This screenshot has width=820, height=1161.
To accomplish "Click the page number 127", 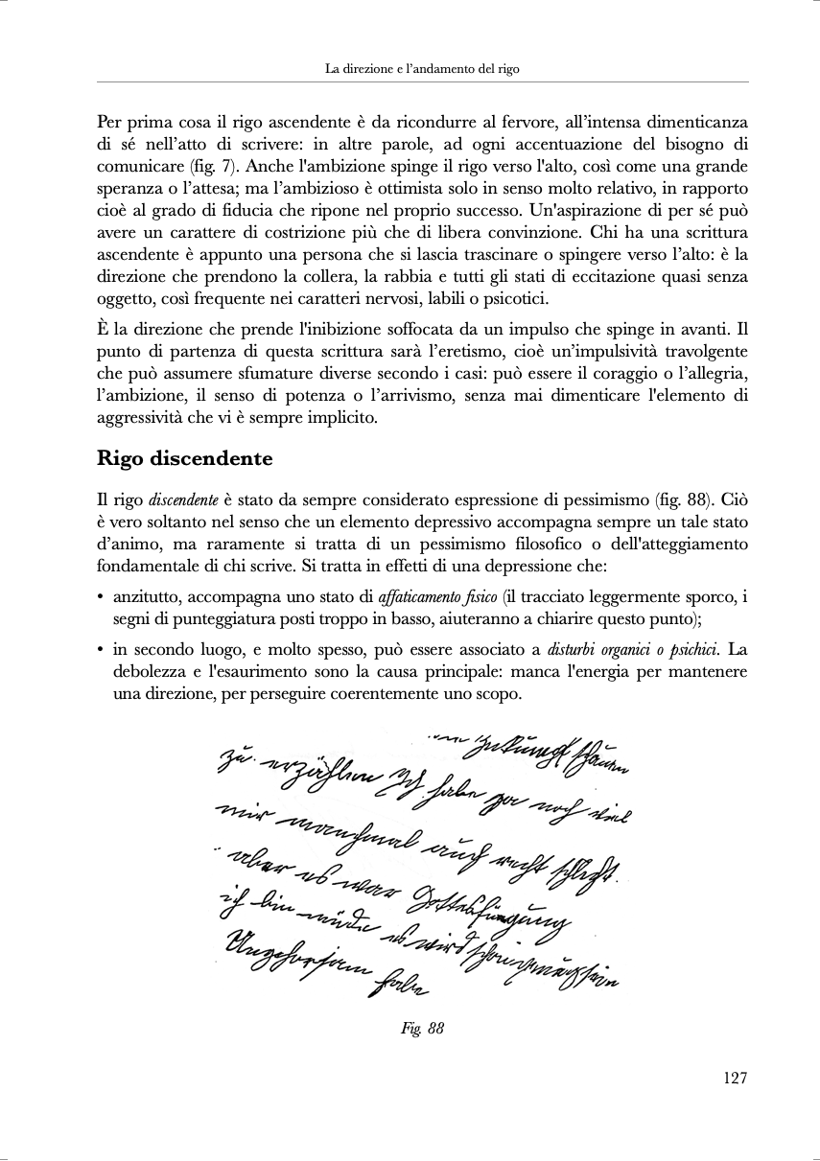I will [x=734, y=1078].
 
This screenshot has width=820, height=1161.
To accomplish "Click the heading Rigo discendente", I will [x=184, y=458].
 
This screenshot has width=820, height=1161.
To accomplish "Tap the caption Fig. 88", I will [x=422, y=1029].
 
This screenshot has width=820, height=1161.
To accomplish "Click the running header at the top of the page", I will [x=422, y=69].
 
